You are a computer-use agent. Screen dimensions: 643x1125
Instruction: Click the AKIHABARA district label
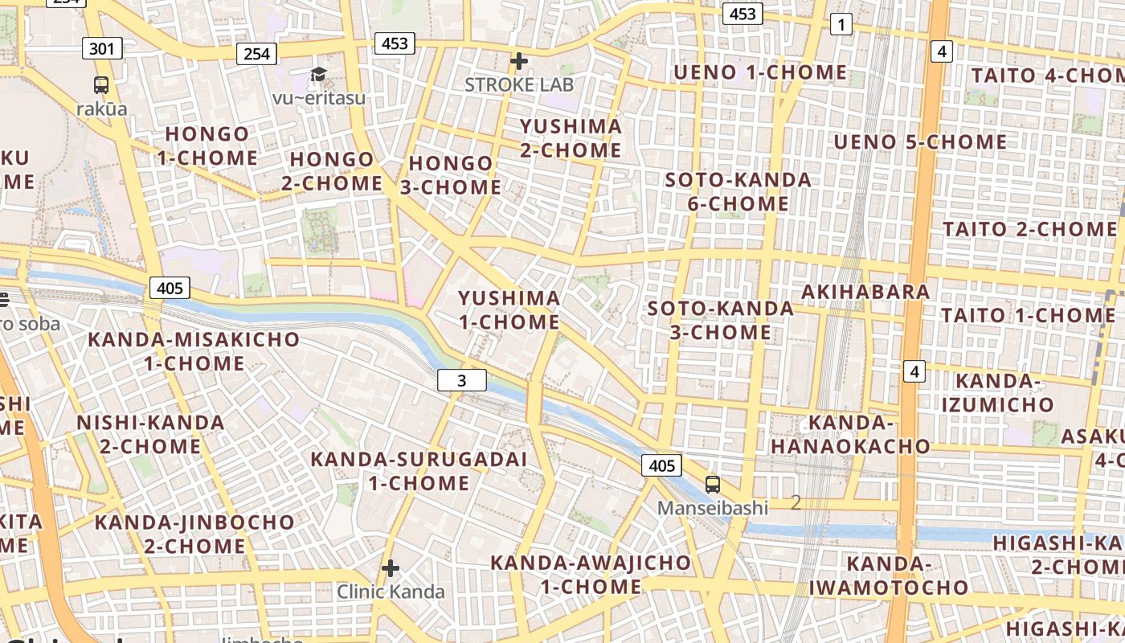coord(865,291)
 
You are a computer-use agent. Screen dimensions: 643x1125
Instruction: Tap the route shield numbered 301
coord(102,48)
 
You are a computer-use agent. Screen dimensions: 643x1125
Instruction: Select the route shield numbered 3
coord(462,380)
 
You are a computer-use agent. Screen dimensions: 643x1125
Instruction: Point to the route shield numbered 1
coord(841,25)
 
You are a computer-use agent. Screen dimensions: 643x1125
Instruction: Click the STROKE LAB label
coord(518,84)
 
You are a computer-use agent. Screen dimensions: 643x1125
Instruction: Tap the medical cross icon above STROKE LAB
coord(519,61)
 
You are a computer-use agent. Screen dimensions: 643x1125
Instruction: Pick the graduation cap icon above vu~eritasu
coord(319,75)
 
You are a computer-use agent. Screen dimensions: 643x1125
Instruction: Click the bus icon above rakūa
coord(101,84)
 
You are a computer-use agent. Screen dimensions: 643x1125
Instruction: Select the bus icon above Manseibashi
coord(713,484)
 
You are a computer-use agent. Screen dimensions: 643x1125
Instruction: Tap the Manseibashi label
coord(713,508)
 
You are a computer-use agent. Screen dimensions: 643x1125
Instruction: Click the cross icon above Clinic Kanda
coord(391,569)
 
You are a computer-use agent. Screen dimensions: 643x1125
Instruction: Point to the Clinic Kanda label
coord(391,592)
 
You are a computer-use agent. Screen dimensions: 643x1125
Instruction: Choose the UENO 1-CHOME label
coord(760,72)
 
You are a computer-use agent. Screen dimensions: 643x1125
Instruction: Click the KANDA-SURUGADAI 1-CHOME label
coord(419,471)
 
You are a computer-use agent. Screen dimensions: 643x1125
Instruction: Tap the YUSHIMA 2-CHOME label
coord(571,138)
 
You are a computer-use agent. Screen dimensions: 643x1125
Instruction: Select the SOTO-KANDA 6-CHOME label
coord(738,191)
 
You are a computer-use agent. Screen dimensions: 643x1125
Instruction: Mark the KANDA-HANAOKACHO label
coord(851,434)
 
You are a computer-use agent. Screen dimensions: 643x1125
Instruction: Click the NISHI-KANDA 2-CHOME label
coord(150,434)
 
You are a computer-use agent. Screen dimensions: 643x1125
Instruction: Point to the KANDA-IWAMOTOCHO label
coord(889,575)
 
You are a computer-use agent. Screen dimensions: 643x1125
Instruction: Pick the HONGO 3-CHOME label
coord(451,175)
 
